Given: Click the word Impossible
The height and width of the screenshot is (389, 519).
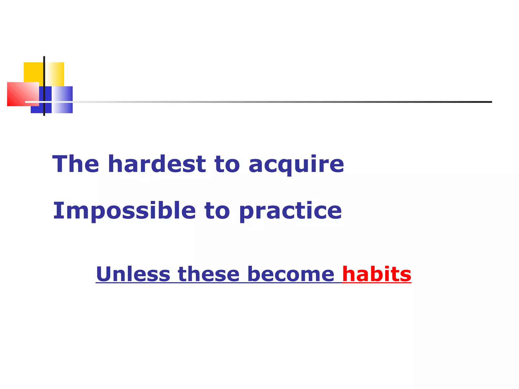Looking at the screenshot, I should click(x=124, y=211).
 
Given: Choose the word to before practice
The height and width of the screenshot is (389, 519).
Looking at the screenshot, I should click(x=217, y=211).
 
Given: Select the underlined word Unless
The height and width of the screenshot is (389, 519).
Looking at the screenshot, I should click(x=133, y=274).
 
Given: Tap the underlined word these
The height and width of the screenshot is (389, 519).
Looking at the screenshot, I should click(x=209, y=274).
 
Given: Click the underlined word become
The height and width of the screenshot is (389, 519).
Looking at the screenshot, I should click(x=291, y=274).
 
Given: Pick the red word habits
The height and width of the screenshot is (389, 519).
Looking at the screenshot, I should click(x=377, y=274).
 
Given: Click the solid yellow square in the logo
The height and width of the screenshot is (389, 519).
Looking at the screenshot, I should click(x=33, y=72).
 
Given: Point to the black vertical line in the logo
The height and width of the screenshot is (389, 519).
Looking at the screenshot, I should click(x=44, y=76).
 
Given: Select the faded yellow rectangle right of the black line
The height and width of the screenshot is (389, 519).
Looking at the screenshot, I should click(x=55, y=73).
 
